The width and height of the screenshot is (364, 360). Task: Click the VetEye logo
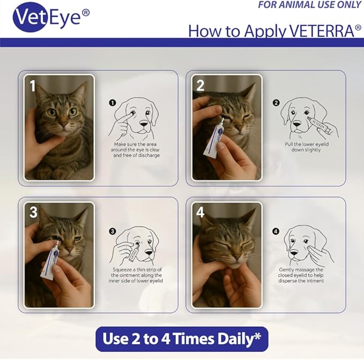[51, 17]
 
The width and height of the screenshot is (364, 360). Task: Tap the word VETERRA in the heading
[322, 31]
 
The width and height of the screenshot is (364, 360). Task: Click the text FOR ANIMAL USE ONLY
[310, 5]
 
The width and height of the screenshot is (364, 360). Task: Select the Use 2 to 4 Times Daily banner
[182, 339]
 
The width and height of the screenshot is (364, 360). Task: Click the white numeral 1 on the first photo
[33, 86]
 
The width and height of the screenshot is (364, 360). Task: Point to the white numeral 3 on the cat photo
[33, 212]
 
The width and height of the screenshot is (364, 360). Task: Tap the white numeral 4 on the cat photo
[200, 212]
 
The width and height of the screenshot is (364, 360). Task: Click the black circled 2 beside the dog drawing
[276, 102]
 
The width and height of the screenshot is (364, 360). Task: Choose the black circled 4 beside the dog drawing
[276, 231]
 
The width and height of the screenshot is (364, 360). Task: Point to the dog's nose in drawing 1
[144, 124]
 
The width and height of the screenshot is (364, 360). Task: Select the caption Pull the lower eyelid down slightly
[307, 147]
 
